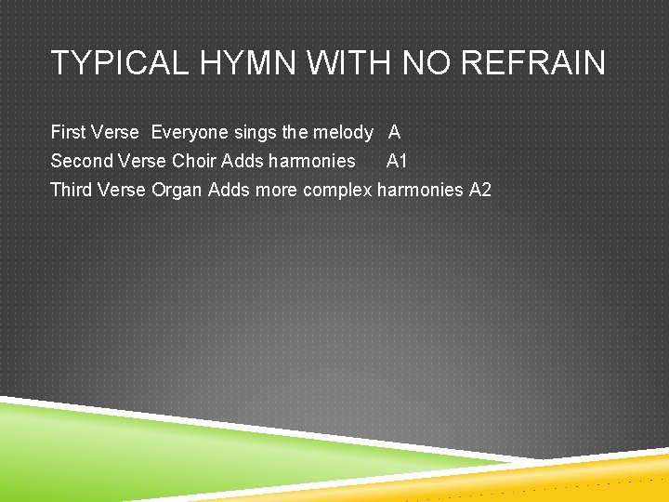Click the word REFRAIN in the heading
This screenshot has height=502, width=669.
533,63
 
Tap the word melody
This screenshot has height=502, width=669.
344,133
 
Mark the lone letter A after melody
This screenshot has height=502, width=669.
395,133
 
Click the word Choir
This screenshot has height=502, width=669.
194,161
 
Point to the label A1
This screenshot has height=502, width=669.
397,161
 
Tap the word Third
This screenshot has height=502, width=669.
70,190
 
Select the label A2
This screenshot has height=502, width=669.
480,190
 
